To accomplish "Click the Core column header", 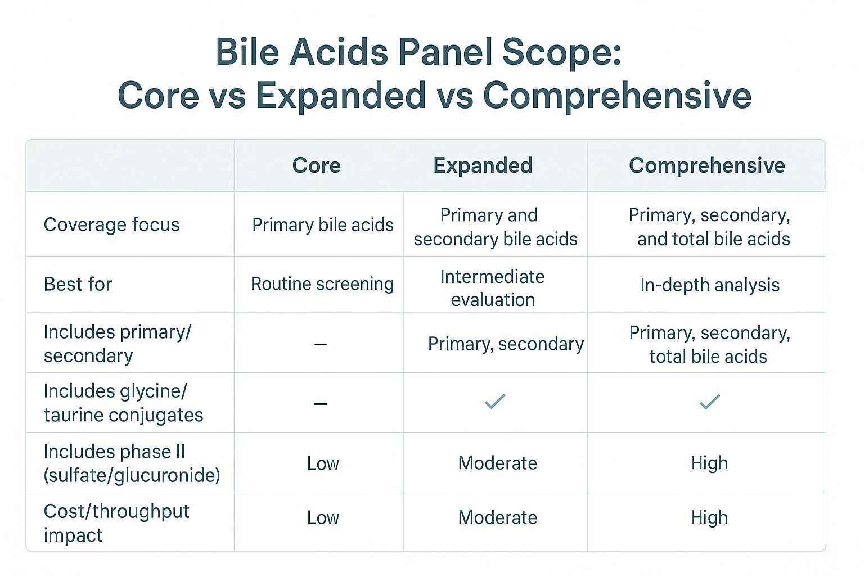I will coord(316,165).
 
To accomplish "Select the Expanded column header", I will coord(483,165).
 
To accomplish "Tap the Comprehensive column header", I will coord(706,165).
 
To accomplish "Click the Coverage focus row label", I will coord(111,224).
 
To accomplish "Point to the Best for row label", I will coord(78,284).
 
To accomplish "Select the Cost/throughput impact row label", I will coord(116,523).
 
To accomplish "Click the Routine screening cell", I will coord(322,284).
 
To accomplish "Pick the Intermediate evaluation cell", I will coord(493,288).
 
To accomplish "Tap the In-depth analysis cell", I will coord(709,285).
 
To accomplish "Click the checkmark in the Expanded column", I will coord(495,402).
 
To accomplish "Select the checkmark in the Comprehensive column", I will coord(709,402).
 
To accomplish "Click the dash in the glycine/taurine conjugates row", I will coord(320,404).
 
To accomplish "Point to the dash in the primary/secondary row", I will coord(320,344).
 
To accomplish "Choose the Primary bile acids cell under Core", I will coord(322,225).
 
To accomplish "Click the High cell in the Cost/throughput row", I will coord(709,517).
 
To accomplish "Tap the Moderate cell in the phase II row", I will coord(497,463).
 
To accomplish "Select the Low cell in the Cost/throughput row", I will coord(323,517).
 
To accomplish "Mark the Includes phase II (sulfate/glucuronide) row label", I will coord(132,463).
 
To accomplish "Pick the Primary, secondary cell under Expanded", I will coord(506,344).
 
